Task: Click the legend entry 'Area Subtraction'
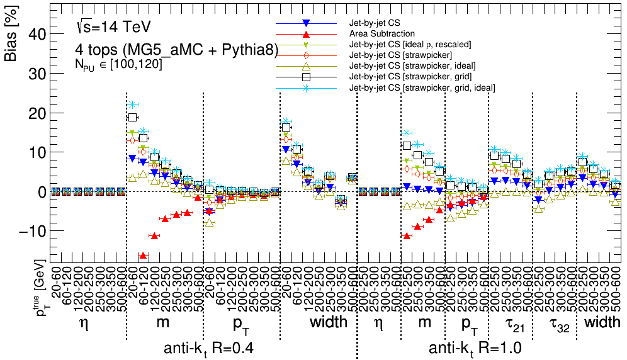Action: (x=382, y=33)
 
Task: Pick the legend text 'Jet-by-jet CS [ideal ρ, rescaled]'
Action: (x=410, y=44)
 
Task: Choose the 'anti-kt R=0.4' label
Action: (x=209, y=348)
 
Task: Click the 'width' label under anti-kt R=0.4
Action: (x=328, y=322)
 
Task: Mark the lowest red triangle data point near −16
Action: (x=143, y=256)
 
